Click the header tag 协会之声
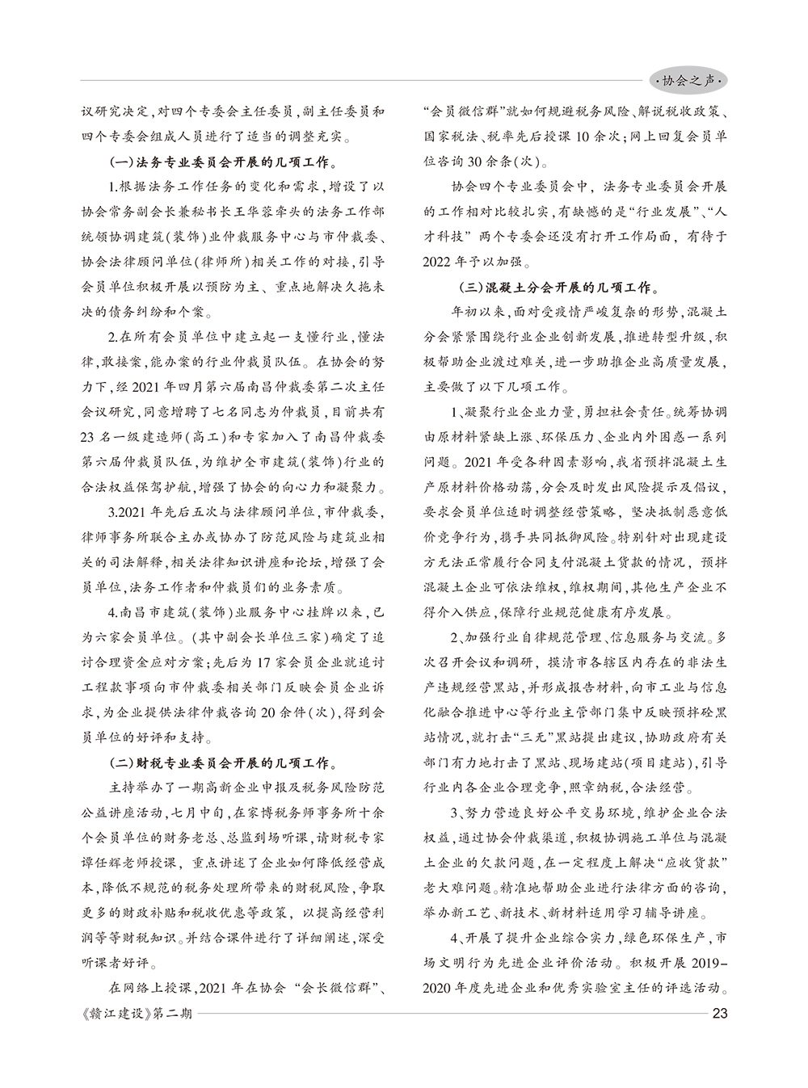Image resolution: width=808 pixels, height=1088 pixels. pos(689,80)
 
